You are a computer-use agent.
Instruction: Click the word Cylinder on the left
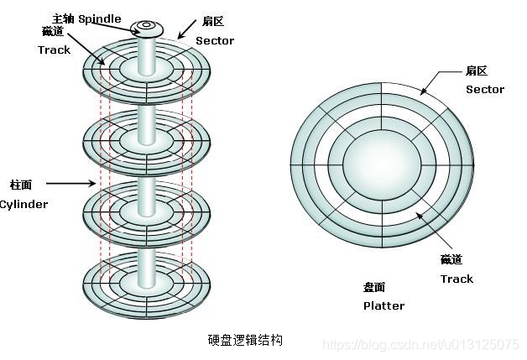(x=23, y=204)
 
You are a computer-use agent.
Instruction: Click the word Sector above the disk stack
(x=215, y=40)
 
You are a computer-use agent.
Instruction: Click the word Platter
(x=384, y=305)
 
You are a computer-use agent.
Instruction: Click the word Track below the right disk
(x=457, y=279)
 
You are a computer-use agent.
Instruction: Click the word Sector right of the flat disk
(x=485, y=89)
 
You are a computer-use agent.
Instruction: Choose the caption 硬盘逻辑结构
(x=245, y=340)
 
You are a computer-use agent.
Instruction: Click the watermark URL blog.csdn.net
(x=420, y=345)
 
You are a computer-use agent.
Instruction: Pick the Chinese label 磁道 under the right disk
(x=451, y=260)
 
